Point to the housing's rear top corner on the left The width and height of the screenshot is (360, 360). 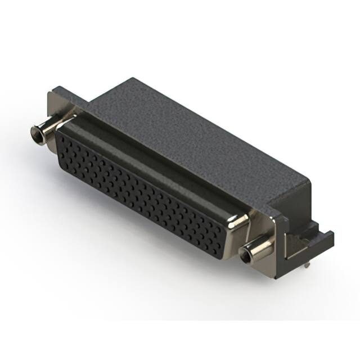(133, 80)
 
